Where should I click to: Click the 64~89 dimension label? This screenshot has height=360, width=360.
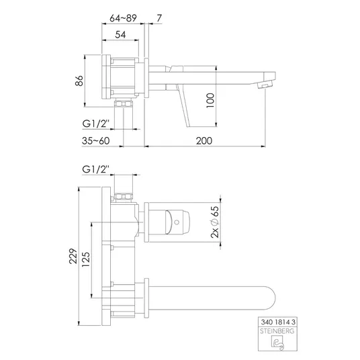point(123,18)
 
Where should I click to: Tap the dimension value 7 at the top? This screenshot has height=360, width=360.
point(159,18)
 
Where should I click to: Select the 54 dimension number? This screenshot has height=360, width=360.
point(120,35)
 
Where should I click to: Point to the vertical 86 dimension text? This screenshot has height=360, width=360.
point(79,81)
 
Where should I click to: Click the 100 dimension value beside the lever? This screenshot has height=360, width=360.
point(210,100)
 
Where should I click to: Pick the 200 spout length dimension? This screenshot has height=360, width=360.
point(204,141)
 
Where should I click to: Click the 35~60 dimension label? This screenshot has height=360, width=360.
point(96,141)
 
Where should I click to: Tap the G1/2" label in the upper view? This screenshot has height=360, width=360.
point(95,124)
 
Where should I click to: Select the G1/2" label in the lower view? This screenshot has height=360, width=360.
point(95,169)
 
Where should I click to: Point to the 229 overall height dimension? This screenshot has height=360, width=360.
point(73,256)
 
